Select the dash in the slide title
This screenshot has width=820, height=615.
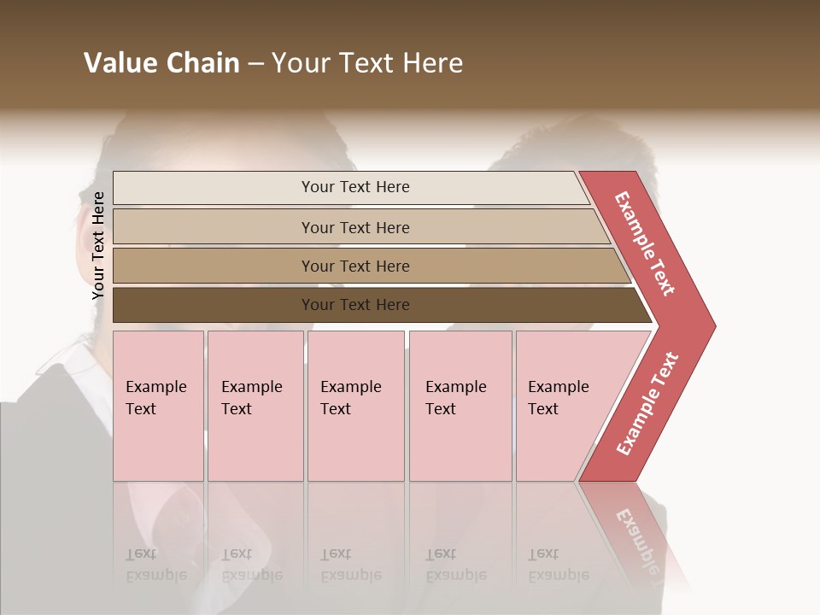click(x=255, y=64)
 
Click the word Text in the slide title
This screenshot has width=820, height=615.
click(x=366, y=63)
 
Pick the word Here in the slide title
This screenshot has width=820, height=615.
click(x=433, y=63)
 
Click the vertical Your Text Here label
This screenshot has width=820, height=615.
click(x=98, y=245)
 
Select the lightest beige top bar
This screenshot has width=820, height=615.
click(x=354, y=187)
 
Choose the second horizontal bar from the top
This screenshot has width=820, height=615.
click(x=354, y=227)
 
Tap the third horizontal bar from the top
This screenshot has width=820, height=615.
click(x=354, y=266)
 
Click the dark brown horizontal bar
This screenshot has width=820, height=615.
click(x=354, y=305)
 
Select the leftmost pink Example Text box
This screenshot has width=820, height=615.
click(x=158, y=405)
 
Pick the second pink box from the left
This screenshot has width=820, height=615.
click(x=255, y=405)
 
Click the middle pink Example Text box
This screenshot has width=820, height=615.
click(x=355, y=405)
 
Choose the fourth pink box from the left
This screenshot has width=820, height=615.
click(x=460, y=405)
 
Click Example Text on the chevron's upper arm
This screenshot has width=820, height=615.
click(x=645, y=243)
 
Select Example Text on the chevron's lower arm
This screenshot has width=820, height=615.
click(x=647, y=403)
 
